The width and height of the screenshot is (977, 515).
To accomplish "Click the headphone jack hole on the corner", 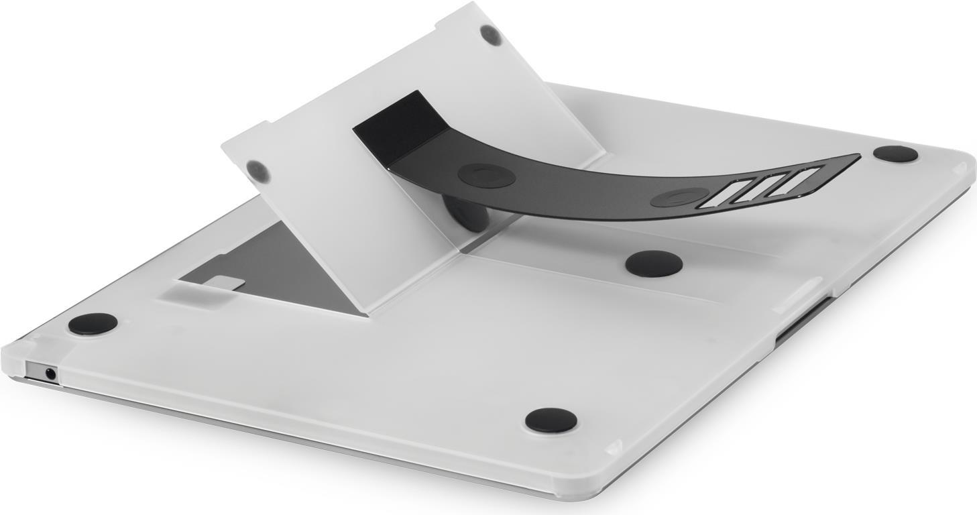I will coord(50,373).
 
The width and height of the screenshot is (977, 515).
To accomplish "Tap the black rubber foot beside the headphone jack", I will coord(93,324).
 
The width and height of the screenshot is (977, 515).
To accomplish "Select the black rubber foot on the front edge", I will coord(551,420).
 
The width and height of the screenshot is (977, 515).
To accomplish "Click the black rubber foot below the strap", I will coord(654,264).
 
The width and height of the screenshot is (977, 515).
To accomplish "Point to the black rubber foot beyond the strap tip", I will coord(895,154).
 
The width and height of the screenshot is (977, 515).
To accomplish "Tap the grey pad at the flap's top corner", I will coord(491,35).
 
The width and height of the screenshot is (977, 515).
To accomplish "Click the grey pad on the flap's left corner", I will coord(258,171).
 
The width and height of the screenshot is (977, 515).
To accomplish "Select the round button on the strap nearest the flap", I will coord(486,175).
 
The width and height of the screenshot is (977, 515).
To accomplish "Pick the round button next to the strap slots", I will coord(679,197).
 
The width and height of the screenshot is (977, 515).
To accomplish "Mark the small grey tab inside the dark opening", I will coord(223,283).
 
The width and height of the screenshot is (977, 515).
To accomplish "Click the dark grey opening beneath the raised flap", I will coord(282,268).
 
